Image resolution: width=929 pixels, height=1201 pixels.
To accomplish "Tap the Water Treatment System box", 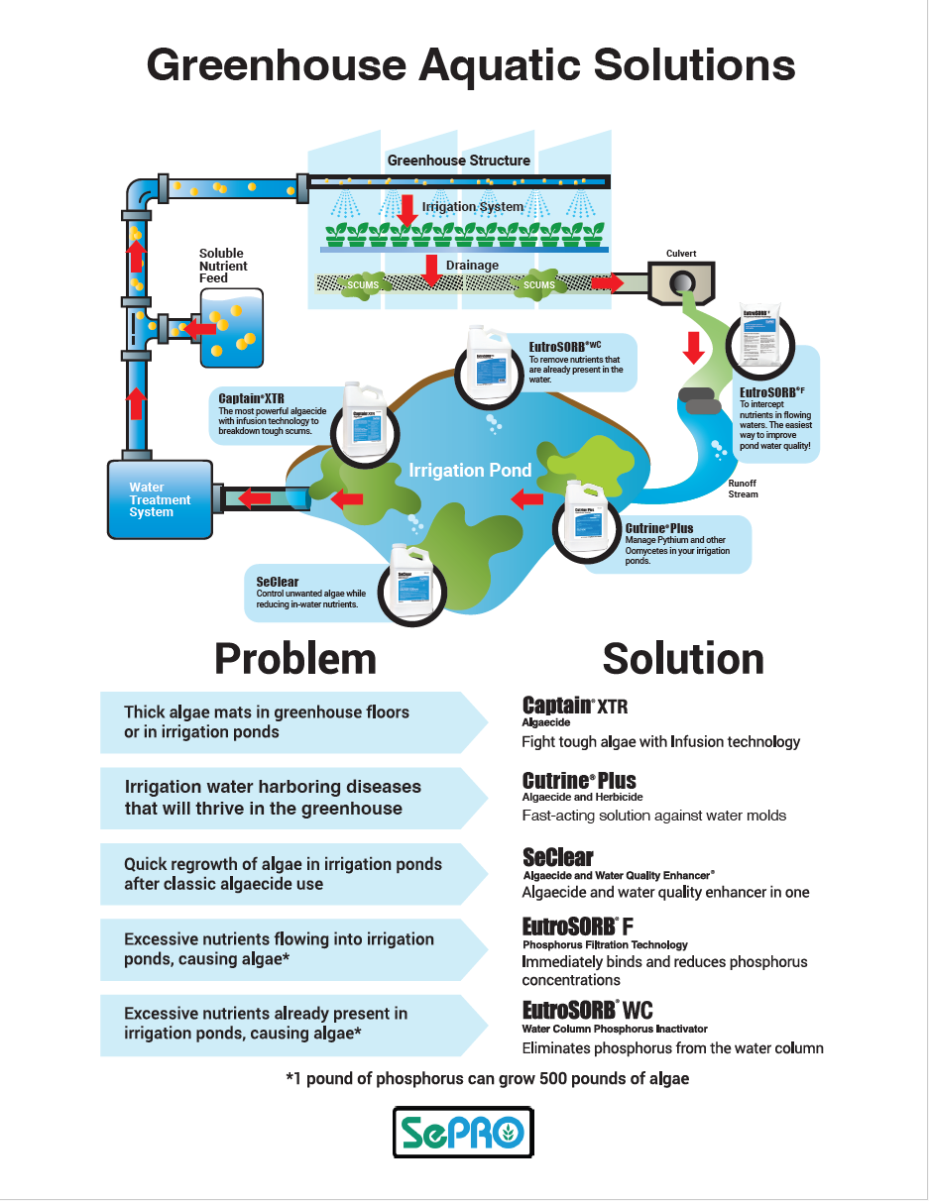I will click(160, 500).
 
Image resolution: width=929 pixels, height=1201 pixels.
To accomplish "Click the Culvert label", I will click(681, 254).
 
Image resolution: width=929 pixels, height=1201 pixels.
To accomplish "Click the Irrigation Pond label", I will click(470, 470).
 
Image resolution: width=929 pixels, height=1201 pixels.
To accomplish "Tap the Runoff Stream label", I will click(743, 489).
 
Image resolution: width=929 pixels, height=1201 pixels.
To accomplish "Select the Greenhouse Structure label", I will click(458, 161).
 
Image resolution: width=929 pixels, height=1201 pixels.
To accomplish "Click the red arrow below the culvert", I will click(694, 347).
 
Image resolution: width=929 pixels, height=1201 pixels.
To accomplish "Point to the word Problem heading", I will click(295, 659).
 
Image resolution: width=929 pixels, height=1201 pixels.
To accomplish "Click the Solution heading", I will click(683, 659).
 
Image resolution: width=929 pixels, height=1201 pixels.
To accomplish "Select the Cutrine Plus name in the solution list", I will click(579, 780).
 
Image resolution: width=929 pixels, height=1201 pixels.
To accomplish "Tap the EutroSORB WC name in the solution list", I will click(587, 1011).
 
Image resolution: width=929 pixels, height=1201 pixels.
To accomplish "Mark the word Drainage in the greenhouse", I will click(472, 266).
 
